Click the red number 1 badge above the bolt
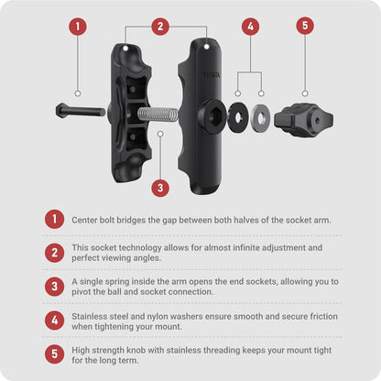pyautogui.click(x=78, y=27)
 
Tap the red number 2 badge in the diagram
pyautogui.click(x=160, y=27)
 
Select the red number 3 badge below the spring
pyautogui.click(x=160, y=188)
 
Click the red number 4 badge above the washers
pyautogui.click(x=250, y=27)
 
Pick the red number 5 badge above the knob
pyautogui.click(x=305, y=25)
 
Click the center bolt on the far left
pyautogui.click(x=81, y=111)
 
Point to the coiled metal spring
pyautogui.click(x=158, y=114)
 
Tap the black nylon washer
pyautogui.click(x=238, y=117)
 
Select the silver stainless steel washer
pyautogui.click(x=260, y=118)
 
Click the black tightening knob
pyautogui.click(x=303, y=120)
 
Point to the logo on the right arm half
pyautogui.click(x=212, y=74)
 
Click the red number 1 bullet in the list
pyautogui.click(x=54, y=219)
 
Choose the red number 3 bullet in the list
pyautogui.click(x=54, y=287)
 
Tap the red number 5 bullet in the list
pyautogui.click(x=54, y=354)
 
